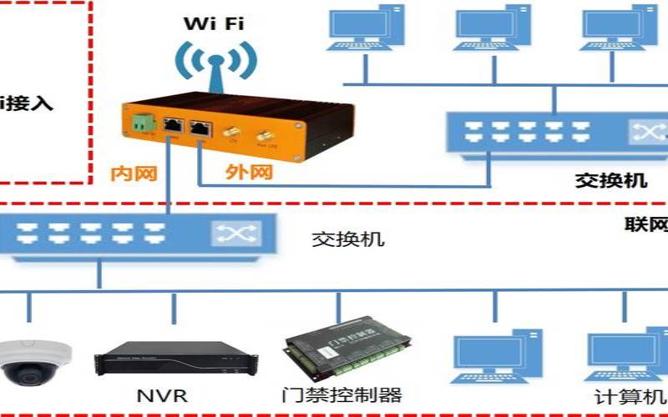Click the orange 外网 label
[250, 173]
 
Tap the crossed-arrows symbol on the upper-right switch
[644, 132]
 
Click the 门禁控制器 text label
[343, 394]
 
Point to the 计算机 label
[630, 396]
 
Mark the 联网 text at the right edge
[646, 224]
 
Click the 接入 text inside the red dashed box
[29, 104]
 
